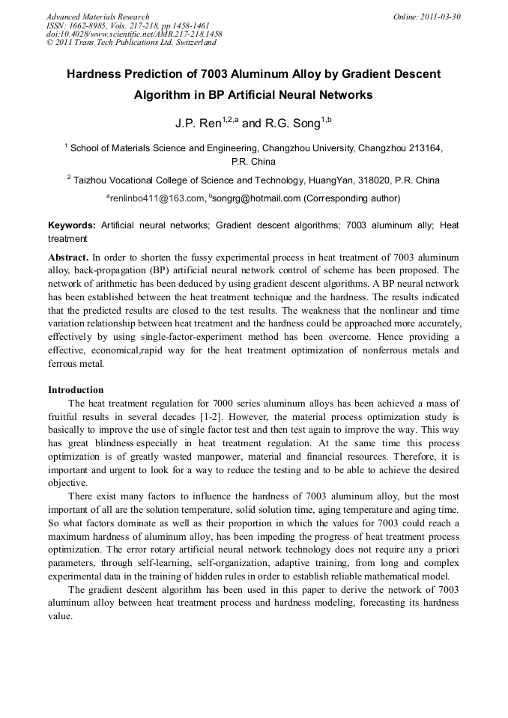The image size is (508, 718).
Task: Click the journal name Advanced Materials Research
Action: [x=97, y=16]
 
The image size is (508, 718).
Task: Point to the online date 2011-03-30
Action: [x=438, y=16]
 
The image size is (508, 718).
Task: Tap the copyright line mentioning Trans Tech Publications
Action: [x=131, y=43]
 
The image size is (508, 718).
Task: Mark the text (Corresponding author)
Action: [x=352, y=198]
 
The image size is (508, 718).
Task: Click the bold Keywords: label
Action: [x=72, y=225]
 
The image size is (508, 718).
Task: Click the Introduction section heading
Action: [x=76, y=390]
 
